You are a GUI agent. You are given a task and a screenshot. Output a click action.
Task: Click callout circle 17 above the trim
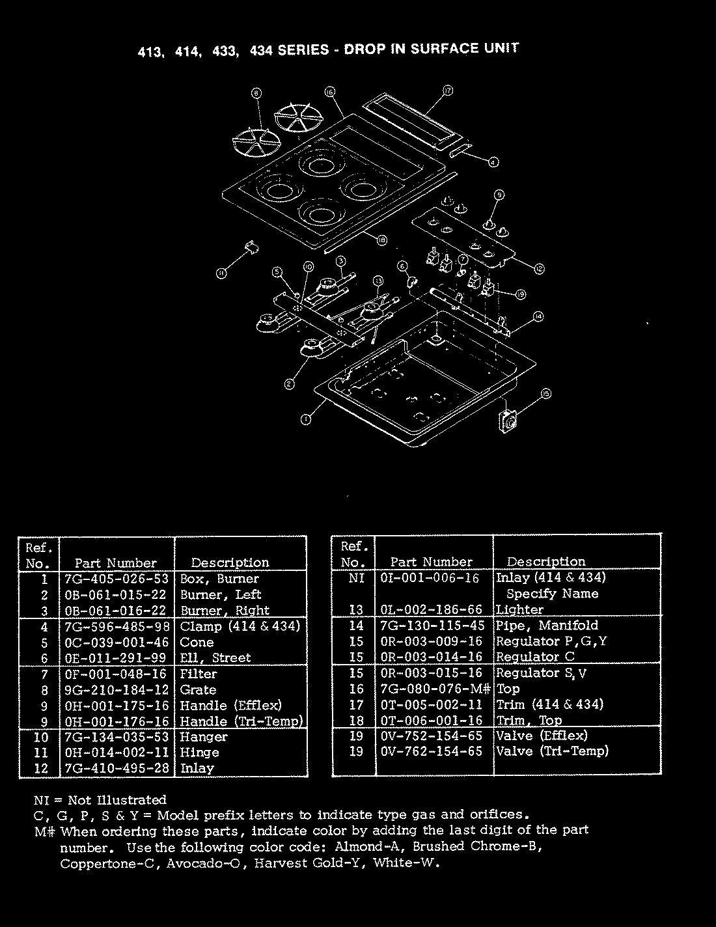[x=448, y=91]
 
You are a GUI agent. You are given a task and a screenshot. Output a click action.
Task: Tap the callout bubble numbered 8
[x=256, y=94]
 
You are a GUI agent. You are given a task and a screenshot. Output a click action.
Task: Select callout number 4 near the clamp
[x=494, y=162]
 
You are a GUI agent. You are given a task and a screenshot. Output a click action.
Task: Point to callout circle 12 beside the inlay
[x=540, y=269]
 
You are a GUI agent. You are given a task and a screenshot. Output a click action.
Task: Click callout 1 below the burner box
[x=306, y=420]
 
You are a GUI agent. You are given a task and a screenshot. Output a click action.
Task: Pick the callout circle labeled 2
[x=289, y=383]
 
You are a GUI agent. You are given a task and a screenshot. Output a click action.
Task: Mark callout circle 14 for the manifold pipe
[x=538, y=316]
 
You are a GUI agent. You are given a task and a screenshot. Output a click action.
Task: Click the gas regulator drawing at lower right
[x=508, y=421]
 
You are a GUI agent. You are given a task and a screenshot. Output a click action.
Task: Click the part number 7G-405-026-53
[x=117, y=579]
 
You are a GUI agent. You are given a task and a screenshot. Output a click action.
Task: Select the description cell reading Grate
[x=198, y=689]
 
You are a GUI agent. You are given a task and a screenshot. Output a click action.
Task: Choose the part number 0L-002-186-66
[x=431, y=610]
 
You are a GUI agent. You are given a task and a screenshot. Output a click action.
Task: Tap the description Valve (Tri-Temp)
[x=553, y=751]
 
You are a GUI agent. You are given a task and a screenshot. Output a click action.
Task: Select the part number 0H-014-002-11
[x=117, y=753]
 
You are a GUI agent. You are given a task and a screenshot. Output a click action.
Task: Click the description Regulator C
[x=535, y=657]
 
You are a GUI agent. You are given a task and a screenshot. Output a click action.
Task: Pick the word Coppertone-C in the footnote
[x=109, y=865]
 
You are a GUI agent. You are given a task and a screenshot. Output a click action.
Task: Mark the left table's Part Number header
[x=116, y=563]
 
